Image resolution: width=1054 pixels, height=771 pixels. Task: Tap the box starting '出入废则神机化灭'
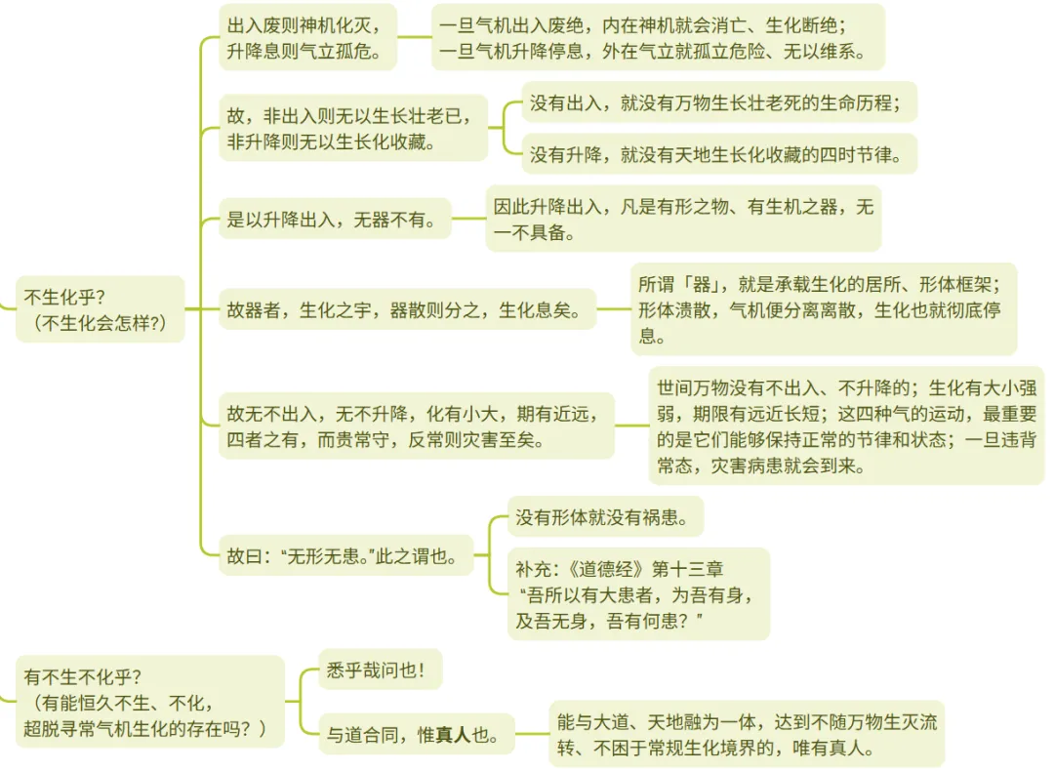306,37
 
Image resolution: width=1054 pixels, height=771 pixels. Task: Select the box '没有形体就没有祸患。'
605,517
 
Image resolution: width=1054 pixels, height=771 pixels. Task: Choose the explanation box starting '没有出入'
719,102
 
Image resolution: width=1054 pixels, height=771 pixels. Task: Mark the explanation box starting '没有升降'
719,154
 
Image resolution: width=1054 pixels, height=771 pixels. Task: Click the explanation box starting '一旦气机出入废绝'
658,37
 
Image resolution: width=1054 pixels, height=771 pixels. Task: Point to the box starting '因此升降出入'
683,219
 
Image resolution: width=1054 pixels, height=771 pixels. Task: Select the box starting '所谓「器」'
823,309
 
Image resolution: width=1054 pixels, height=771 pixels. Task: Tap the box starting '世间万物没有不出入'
845,426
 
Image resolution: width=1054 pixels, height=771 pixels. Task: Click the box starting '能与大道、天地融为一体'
747,735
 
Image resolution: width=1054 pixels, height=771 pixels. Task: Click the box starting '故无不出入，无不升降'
416,426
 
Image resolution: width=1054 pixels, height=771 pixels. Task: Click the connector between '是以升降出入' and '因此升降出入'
468,219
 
